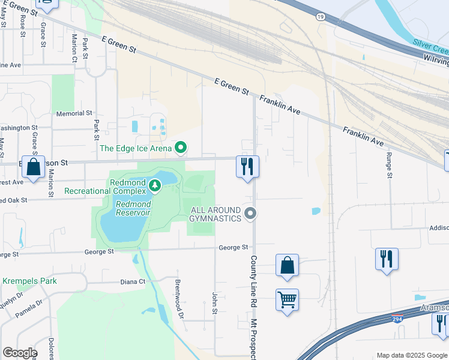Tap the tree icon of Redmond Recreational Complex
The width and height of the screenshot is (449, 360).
(155, 185)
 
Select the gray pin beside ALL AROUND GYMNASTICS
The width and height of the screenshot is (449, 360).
(251, 214)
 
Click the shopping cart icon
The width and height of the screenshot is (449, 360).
(287, 299)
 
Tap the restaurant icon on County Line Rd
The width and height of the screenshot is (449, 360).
(247, 166)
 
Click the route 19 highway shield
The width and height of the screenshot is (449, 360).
(322, 18)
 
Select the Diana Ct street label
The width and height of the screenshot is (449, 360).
(133, 281)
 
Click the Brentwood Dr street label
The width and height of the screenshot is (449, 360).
(178, 291)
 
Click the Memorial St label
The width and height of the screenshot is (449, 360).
(74, 113)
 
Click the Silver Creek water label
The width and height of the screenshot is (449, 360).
(430, 43)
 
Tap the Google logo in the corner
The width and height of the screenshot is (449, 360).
(20, 353)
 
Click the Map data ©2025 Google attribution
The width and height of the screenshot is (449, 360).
(411, 355)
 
